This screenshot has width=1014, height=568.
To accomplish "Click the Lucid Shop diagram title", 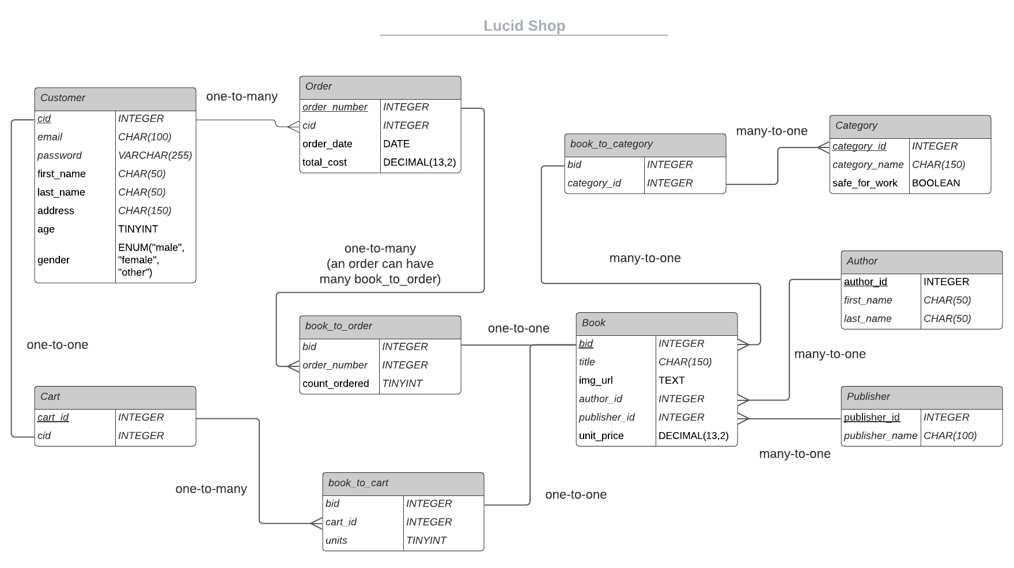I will [524, 26].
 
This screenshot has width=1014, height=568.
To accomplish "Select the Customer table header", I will [115, 99].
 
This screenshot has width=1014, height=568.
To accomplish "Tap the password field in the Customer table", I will [59, 156].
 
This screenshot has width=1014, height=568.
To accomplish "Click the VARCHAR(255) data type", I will [155, 156].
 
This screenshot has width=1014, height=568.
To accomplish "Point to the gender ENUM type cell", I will [151, 260].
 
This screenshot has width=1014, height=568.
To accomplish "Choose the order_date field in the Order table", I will [327, 144].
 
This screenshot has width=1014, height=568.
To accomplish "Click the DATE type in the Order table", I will [396, 144].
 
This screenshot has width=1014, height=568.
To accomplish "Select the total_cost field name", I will [324, 162].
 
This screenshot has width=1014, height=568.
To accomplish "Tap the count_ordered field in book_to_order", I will [335, 384].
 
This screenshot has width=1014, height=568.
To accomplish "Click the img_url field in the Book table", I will [596, 380].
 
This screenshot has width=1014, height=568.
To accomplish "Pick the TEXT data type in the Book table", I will [671, 380].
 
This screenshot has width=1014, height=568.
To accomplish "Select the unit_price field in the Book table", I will [601, 436].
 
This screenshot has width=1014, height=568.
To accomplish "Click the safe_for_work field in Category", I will [865, 183].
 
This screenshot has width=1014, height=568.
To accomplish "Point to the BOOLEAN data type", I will [936, 183].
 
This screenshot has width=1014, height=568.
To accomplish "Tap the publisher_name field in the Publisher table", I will [880, 436].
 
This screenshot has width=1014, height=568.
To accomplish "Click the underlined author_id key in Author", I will [865, 282].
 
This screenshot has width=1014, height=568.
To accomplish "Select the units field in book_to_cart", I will [336, 540].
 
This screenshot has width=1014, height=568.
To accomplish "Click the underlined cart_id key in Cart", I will [53, 417].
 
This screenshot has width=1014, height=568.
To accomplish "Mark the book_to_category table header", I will [645, 145].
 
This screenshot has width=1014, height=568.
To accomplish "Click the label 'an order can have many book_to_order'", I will [380, 271].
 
